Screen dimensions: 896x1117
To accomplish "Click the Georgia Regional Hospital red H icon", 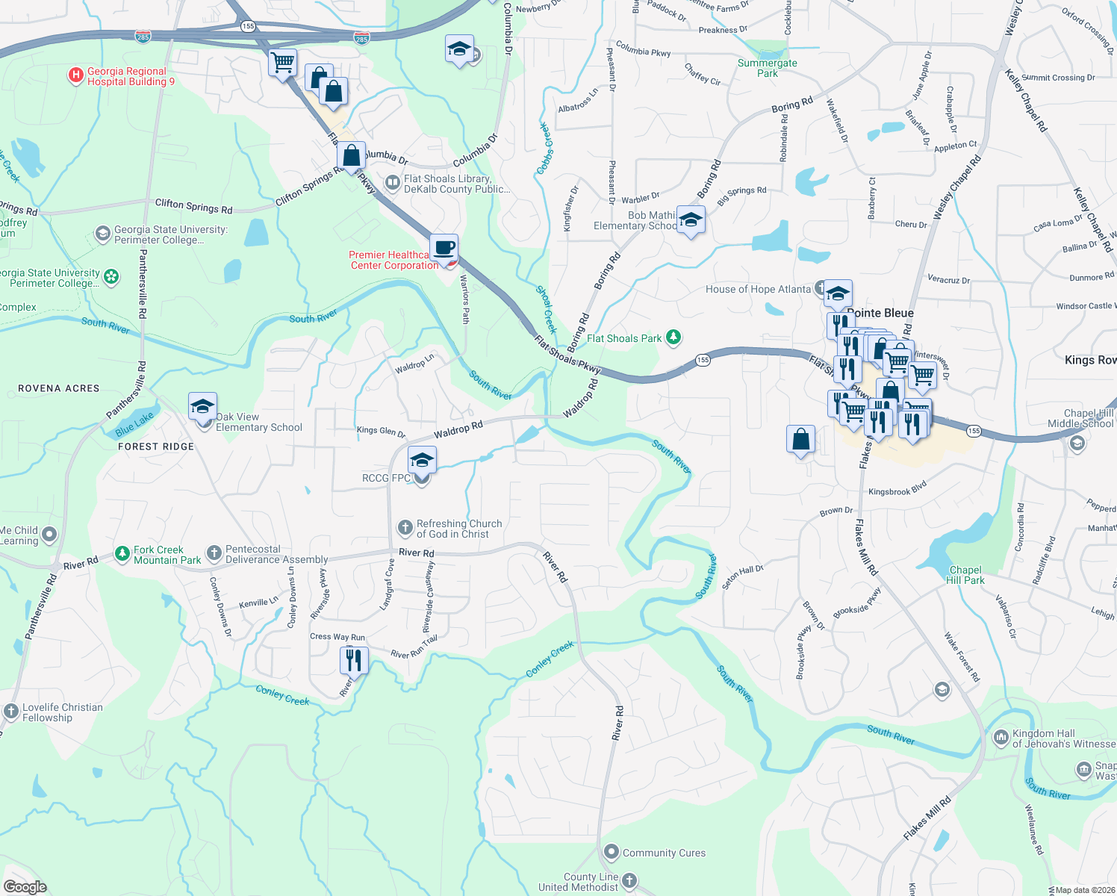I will point(75,75).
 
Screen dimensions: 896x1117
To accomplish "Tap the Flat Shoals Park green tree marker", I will point(673,338).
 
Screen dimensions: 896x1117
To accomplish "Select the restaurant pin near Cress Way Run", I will point(353,660).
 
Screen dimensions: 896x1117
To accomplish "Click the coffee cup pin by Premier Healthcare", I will point(444,247).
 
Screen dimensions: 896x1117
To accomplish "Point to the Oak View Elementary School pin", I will point(203,407).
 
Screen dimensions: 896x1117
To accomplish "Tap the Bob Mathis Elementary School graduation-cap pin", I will point(691,220).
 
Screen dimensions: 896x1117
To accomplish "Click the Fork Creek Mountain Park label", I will point(167,555).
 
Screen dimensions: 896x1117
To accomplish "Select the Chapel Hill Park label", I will point(965,575).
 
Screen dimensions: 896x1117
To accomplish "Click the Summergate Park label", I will point(767,68).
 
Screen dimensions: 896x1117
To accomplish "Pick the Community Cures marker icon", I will point(612,852).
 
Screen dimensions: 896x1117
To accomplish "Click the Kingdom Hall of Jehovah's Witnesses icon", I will point(1001,738).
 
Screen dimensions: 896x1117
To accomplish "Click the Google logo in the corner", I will point(25,887).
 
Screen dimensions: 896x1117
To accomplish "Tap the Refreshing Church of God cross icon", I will point(405,529).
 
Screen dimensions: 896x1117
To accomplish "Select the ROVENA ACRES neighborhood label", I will point(59,388).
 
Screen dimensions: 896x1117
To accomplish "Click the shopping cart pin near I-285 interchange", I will point(283,62).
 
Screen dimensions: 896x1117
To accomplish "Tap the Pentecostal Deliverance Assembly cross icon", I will point(214,553).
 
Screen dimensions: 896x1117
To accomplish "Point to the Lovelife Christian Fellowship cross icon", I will point(10,712).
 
